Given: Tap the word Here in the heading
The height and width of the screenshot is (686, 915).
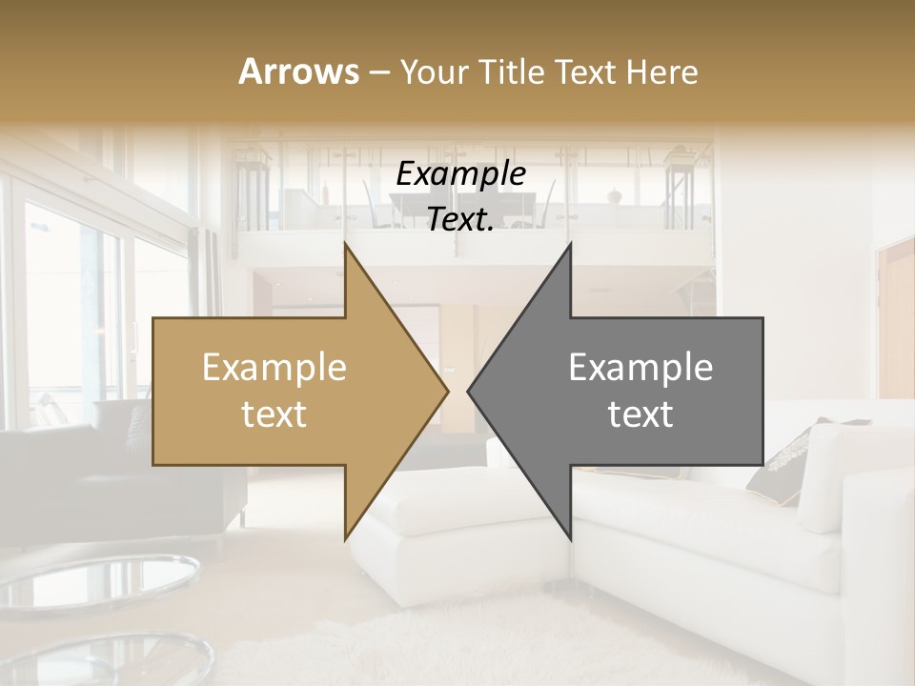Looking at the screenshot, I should point(661,71).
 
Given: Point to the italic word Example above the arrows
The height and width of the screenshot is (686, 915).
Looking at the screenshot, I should point(460,175).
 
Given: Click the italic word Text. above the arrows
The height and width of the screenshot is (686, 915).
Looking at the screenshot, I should point(460,220).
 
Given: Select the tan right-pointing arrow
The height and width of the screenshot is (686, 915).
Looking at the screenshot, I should point(286,391).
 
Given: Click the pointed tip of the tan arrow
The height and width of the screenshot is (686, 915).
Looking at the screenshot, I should point(444,391).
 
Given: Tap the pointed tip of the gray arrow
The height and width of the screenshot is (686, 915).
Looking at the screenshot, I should point(471,391).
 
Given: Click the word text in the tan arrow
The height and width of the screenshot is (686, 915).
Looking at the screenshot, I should point(274,414).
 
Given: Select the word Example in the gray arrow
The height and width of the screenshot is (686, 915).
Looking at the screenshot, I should point(640,368).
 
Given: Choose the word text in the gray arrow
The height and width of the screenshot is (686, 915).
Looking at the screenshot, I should point(640,414).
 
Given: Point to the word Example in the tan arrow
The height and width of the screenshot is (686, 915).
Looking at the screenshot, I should point(274,368).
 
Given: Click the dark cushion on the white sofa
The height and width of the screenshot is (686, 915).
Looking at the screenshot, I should point(777,472).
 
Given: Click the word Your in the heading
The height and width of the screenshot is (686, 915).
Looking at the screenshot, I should point(435,71).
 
